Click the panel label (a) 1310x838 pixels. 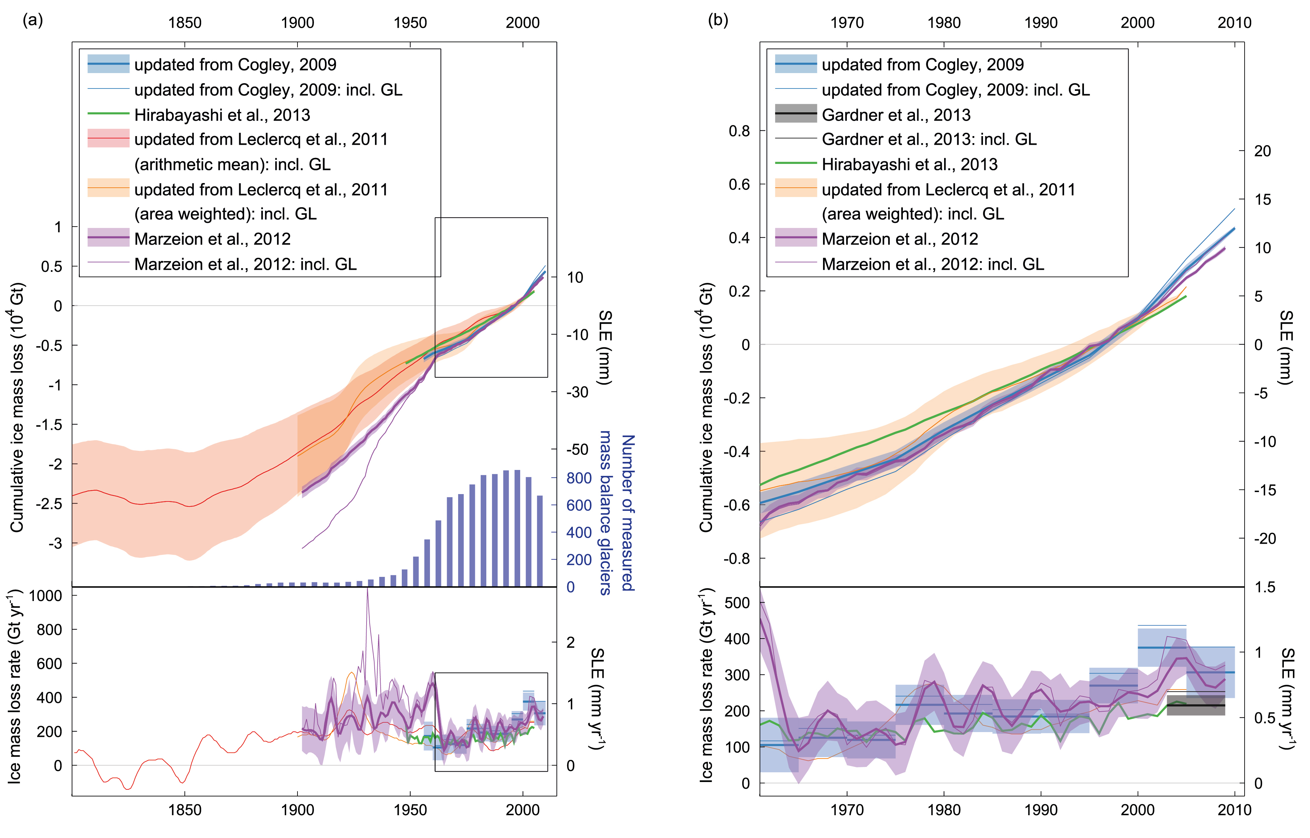(x=32, y=21)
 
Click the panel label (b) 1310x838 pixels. (x=718, y=21)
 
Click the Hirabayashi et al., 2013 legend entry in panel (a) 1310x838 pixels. (x=222, y=115)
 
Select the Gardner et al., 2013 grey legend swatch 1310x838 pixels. (x=796, y=114)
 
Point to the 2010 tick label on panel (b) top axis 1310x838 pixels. (x=1234, y=23)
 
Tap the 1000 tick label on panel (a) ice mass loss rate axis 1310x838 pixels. (x=45, y=596)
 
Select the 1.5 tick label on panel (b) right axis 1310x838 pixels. (x=1264, y=587)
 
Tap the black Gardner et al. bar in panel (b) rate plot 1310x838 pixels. (x=1196, y=705)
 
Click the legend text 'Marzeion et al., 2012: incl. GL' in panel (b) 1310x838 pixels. (x=933, y=264)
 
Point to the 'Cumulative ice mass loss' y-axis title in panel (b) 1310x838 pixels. (x=706, y=407)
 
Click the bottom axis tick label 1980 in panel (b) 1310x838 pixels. (x=943, y=810)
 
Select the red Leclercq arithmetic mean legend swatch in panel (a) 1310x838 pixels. (x=108, y=139)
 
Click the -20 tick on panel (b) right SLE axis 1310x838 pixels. (x=1264, y=539)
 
